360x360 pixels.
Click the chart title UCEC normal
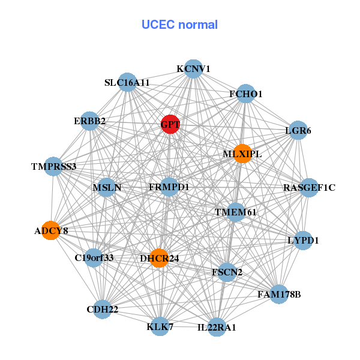(179, 25)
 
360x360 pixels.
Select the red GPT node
(170, 124)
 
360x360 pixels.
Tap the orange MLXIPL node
(242, 154)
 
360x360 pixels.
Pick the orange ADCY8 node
(51, 230)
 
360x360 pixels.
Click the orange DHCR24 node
(158, 258)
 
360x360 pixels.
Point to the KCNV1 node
(193, 69)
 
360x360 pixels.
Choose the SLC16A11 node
(127, 82)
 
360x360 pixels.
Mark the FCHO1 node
(246, 94)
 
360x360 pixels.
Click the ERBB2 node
(89, 121)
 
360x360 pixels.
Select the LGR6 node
(298, 130)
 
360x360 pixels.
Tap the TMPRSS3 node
(54, 166)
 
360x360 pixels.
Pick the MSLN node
(107, 187)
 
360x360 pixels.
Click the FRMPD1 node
(169, 187)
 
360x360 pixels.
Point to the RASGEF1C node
(309, 188)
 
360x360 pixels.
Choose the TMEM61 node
(236, 212)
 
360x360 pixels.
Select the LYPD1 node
(303, 241)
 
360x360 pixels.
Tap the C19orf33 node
(94, 258)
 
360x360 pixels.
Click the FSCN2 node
(227, 272)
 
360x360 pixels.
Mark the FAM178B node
(278, 294)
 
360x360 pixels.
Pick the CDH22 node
(102, 309)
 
